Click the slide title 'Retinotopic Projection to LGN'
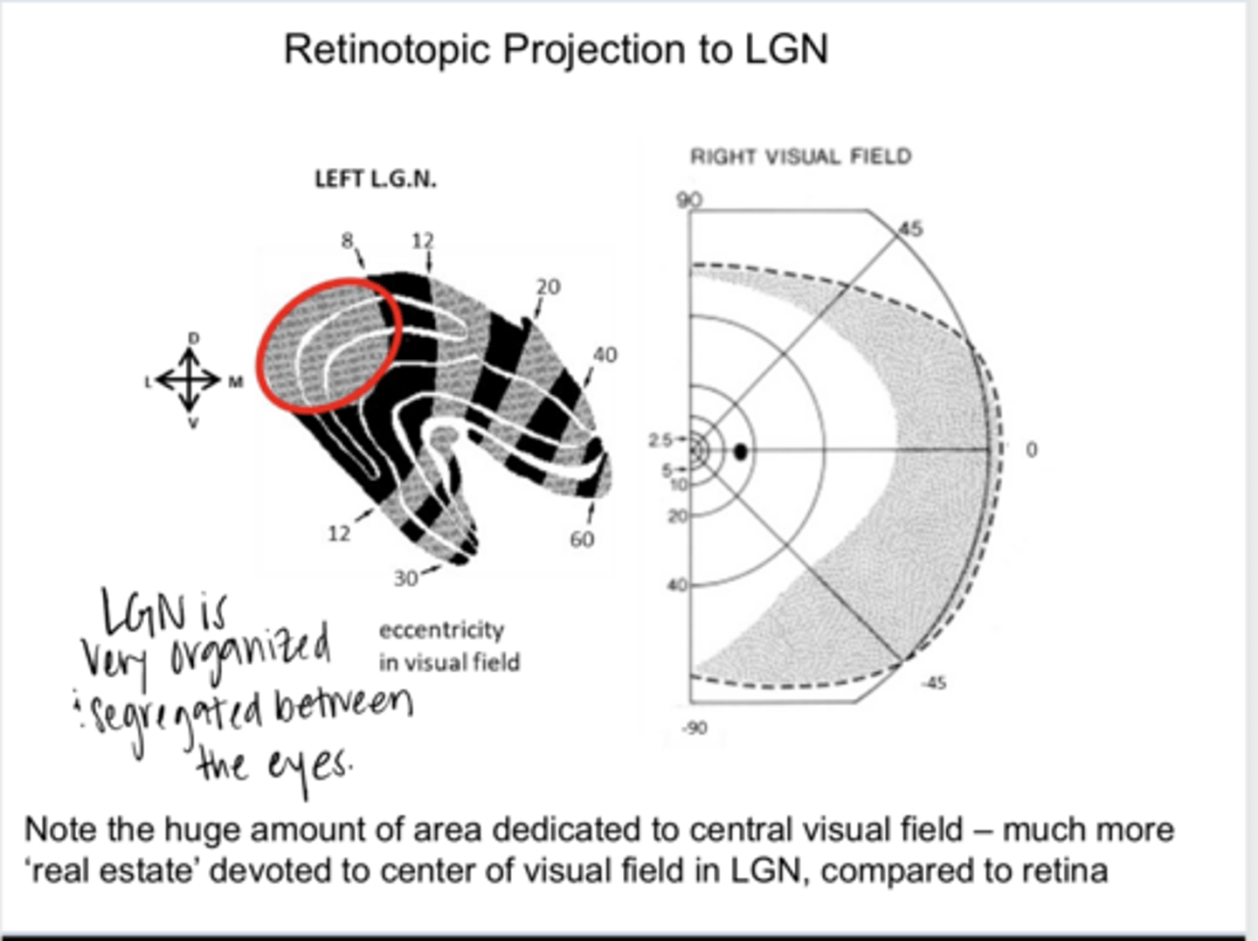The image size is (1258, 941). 556,49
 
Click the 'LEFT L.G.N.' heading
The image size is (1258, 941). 375,179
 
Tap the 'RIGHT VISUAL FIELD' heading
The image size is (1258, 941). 800,156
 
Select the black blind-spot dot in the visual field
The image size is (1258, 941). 741,452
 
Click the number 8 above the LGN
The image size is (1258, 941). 348,239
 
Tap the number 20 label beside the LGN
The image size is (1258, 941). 548,287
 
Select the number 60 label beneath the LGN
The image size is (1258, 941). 582,539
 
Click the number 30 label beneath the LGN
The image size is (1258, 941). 405,578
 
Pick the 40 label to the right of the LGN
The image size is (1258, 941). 605,355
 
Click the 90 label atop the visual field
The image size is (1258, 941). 688,199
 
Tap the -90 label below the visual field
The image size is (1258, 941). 695,728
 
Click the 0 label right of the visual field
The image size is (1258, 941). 1032,450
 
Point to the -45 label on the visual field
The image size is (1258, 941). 933,682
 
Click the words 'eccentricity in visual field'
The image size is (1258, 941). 448,647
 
